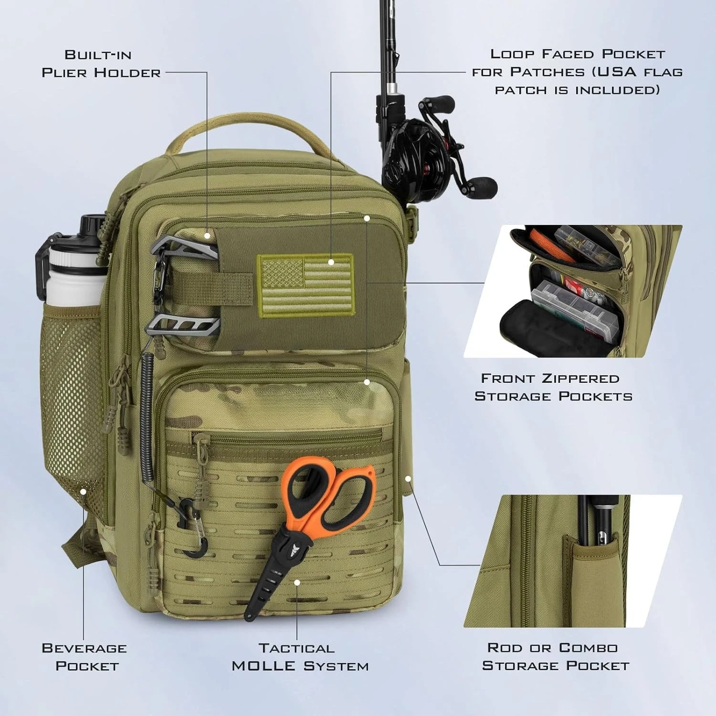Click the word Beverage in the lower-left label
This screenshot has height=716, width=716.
(x=84, y=648)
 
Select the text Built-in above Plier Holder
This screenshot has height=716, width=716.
(x=98, y=55)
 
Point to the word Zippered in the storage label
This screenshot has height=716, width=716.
(x=580, y=379)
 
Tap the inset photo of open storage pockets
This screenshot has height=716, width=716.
(x=573, y=291)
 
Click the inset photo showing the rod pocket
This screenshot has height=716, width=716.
(x=573, y=561)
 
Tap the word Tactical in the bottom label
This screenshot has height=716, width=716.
(x=297, y=648)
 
